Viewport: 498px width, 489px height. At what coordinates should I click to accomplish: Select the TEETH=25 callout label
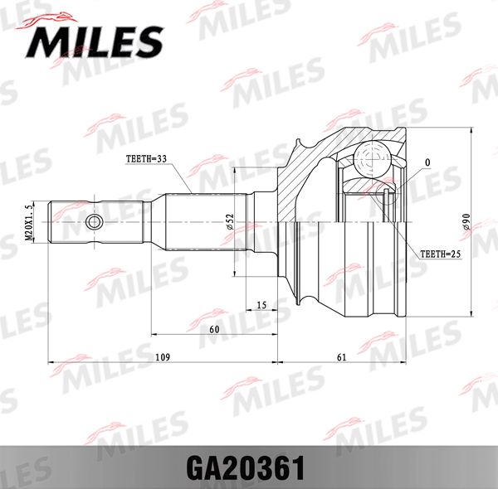[x=440, y=254]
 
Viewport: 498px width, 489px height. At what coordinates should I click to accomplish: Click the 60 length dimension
[x=214, y=329]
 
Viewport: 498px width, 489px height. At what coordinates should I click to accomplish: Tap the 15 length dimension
[x=261, y=305]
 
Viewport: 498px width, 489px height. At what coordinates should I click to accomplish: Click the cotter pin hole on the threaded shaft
[x=95, y=222]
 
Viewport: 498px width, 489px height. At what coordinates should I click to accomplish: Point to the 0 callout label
[x=427, y=162]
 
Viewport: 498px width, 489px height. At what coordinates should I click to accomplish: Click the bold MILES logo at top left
[x=98, y=40]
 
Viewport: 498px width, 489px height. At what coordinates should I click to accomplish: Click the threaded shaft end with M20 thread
[x=75, y=222]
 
